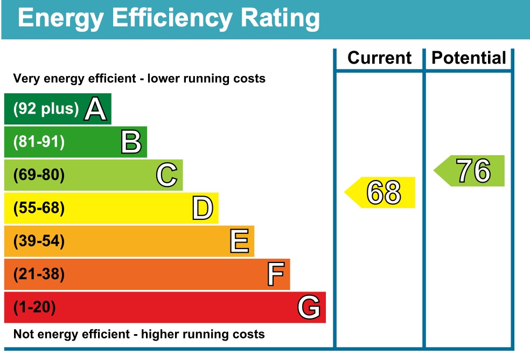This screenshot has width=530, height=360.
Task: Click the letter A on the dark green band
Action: point(95,109)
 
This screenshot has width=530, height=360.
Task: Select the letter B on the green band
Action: point(131,142)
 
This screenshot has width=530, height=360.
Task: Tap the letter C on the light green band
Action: point(166,175)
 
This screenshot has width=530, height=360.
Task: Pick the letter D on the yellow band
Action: point(203,209)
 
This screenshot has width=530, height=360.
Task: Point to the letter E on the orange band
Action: point(239,241)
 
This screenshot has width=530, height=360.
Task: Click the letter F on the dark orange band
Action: point(275,275)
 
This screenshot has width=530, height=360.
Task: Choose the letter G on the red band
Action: point(309,308)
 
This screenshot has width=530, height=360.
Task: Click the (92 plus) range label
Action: point(46,109)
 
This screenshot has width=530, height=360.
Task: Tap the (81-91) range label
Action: point(39,142)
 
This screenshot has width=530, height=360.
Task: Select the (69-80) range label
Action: point(39,175)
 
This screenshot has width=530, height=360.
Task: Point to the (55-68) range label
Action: point(39,209)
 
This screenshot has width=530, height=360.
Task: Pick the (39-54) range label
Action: point(39,241)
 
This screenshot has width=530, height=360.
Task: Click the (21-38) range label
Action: point(39,275)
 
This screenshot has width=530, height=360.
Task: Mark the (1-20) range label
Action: point(34,308)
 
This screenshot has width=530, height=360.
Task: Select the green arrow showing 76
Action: point(471,171)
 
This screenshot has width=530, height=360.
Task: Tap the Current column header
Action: point(379,58)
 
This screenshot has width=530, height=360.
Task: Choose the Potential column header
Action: point(469,58)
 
